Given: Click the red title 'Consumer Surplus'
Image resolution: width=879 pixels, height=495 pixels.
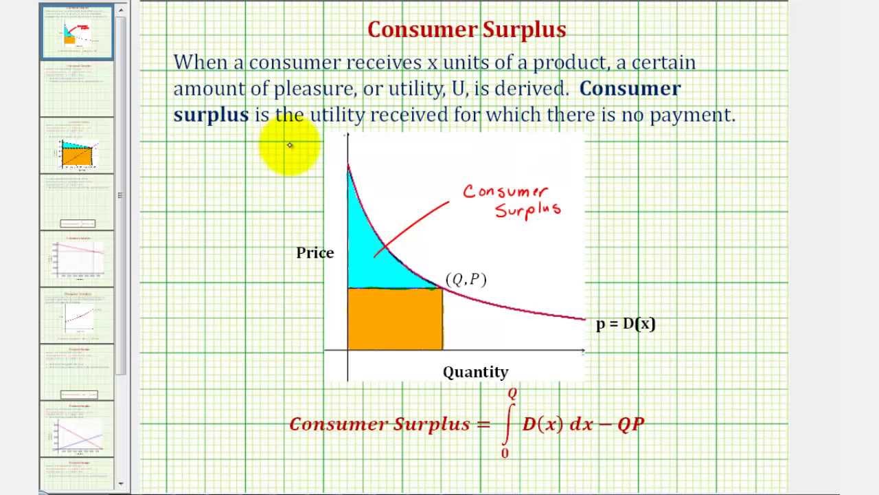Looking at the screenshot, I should pos(466,30).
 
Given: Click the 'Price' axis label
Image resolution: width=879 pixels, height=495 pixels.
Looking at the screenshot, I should pos(315,253).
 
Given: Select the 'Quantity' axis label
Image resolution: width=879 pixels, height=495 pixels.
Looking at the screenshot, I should pos(475,372).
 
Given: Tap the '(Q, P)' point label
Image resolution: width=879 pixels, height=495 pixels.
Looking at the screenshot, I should pos(466,279).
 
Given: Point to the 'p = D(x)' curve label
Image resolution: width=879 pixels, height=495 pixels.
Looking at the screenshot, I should pos(626,324).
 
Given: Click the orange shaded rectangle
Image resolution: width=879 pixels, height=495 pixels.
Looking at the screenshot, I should pos(395,320).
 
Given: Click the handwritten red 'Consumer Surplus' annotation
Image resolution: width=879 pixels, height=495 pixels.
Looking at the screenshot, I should pos(512,200).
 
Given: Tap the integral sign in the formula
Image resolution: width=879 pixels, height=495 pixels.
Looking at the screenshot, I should pos(507,423).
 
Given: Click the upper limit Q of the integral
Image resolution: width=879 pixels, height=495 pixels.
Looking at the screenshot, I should pos(512,394).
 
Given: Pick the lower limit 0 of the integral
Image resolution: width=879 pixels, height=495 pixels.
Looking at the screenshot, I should pos(505,453).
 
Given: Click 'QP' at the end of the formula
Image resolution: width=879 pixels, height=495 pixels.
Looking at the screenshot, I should pos(630,424).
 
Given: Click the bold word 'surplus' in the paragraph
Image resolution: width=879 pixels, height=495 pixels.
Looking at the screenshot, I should pos(211,115).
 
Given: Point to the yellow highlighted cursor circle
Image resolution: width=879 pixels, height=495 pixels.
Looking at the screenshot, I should pos(290,145).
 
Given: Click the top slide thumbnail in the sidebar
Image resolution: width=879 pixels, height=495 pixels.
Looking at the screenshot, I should pos(77,32).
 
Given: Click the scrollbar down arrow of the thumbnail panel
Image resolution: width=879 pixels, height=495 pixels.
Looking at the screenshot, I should pos(122,483).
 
